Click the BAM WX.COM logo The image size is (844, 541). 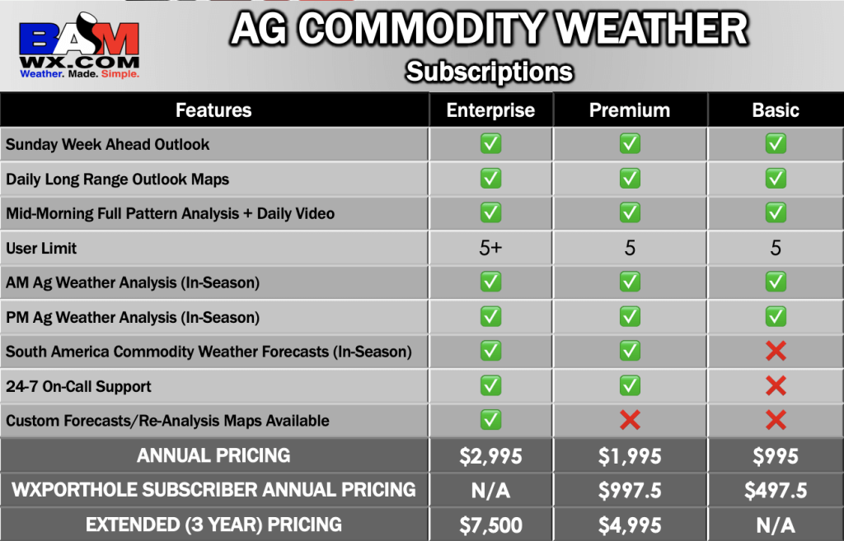[x=79, y=46]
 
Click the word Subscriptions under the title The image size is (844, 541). [x=490, y=72]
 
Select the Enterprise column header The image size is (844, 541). [x=490, y=110]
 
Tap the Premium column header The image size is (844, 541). [x=629, y=110]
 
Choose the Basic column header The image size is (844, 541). [x=775, y=110]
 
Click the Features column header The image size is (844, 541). [x=213, y=110]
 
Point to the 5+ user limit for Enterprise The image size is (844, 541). [x=490, y=248]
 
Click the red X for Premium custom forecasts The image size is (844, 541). [x=630, y=420]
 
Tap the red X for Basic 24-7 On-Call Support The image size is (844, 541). [x=776, y=385]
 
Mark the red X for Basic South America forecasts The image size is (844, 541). [x=776, y=351]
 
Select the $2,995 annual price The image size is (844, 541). [x=490, y=456]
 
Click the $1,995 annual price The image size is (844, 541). [x=629, y=456]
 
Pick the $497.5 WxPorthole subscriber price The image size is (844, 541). [x=776, y=491]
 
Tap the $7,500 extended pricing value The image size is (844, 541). [x=490, y=525]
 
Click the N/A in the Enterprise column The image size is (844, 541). [x=490, y=491]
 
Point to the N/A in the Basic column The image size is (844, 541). [x=776, y=525]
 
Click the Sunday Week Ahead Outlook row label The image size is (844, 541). [x=108, y=144]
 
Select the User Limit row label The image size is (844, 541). [x=41, y=248]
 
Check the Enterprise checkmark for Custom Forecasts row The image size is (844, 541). [x=490, y=420]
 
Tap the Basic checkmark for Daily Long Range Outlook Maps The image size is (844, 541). [x=776, y=179]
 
